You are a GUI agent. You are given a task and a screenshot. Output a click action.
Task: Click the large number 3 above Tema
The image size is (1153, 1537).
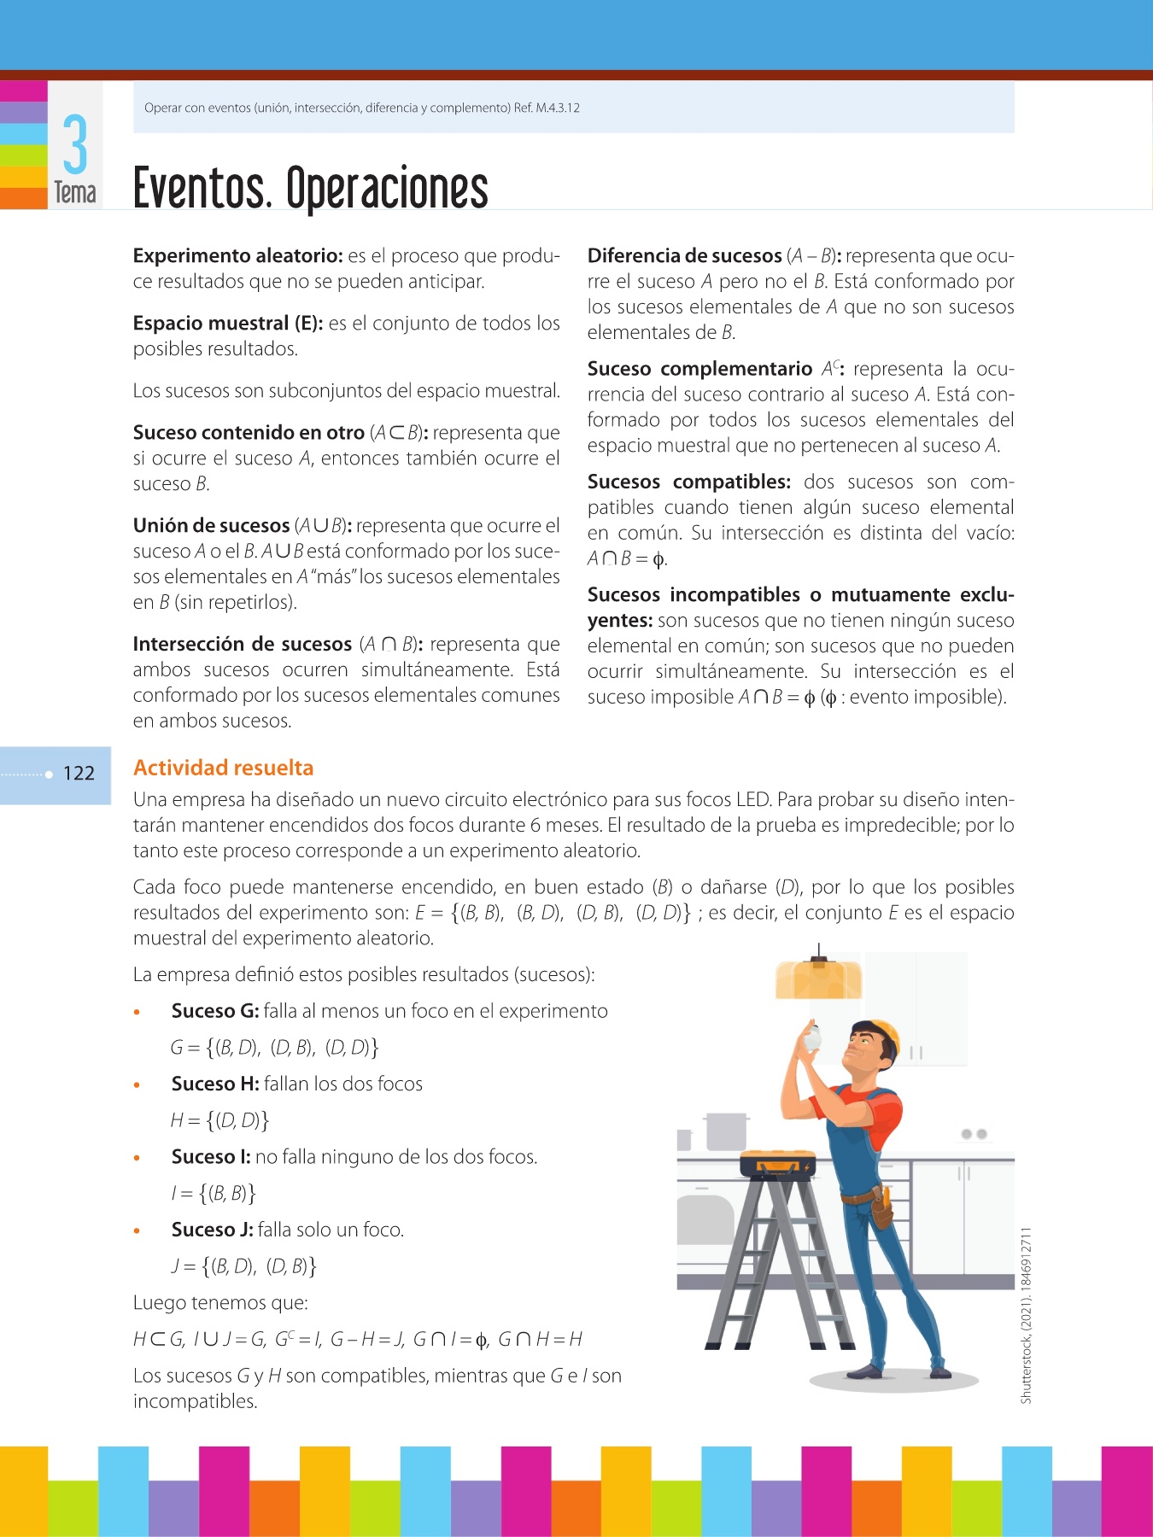[75, 145]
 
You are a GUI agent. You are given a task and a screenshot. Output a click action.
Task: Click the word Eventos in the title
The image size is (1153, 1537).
[202, 189]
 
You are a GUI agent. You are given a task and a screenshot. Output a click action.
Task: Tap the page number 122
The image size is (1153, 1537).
[79, 774]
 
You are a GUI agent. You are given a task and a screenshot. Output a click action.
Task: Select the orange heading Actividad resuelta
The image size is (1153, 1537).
[224, 768]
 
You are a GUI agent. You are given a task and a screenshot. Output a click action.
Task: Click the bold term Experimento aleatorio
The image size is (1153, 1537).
[237, 256]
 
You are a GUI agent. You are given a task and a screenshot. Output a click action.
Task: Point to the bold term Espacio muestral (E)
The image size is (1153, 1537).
[227, 324]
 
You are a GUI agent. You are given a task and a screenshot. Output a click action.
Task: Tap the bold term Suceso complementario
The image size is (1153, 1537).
[699, 369]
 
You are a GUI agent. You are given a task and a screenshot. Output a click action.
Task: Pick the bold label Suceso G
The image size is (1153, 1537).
[215, 1011]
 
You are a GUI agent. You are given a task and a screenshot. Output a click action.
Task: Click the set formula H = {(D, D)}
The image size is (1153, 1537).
[220, 1120]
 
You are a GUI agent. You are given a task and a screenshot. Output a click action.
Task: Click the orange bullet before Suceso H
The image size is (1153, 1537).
[137, 1085]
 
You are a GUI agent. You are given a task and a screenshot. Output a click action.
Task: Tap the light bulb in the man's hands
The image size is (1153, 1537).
[812, 1038]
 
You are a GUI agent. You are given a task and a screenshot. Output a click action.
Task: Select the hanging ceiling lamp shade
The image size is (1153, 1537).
[818, 979]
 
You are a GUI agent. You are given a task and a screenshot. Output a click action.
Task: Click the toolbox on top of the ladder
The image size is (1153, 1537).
[777, 1164]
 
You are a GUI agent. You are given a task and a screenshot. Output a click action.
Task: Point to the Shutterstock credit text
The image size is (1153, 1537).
[1027, 1315]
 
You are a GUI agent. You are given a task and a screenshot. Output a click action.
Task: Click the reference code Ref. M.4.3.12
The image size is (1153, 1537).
[547, 108]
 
